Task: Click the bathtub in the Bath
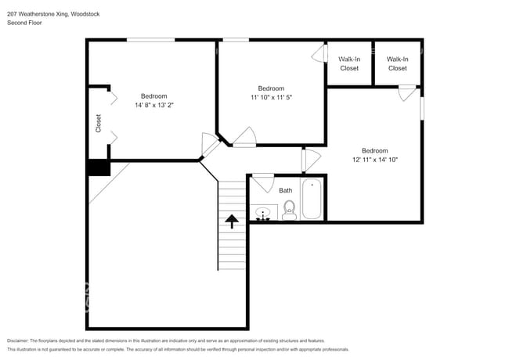312,200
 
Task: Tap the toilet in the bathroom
289,209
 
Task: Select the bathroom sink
262,212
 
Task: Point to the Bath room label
285,189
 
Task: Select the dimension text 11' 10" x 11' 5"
271,98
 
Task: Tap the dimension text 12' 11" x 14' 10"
374,160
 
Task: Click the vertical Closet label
99,124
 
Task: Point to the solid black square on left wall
98,168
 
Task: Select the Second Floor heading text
25,23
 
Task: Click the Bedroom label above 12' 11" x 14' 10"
374,150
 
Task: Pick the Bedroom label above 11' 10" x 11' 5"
271,88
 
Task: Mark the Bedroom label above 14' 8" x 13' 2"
153,95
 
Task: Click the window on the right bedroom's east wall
422,108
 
